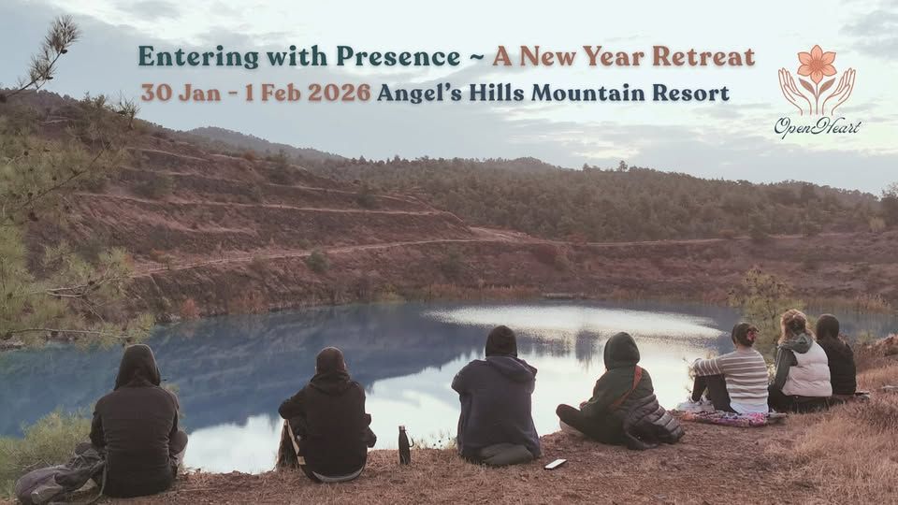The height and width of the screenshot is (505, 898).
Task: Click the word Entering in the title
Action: click(183, 57)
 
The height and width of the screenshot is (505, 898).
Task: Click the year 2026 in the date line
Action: click(336, 94)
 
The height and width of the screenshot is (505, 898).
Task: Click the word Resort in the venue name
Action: click(694, 94)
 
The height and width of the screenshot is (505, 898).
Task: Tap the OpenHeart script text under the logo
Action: click(817, 125)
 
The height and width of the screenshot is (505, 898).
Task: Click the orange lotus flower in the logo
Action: click(817, 65)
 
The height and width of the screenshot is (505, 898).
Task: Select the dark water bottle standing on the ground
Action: click(404, 445)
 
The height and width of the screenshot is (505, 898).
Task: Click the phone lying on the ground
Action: click(555, 463)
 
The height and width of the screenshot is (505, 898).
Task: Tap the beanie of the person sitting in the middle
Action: click(500, 340)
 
